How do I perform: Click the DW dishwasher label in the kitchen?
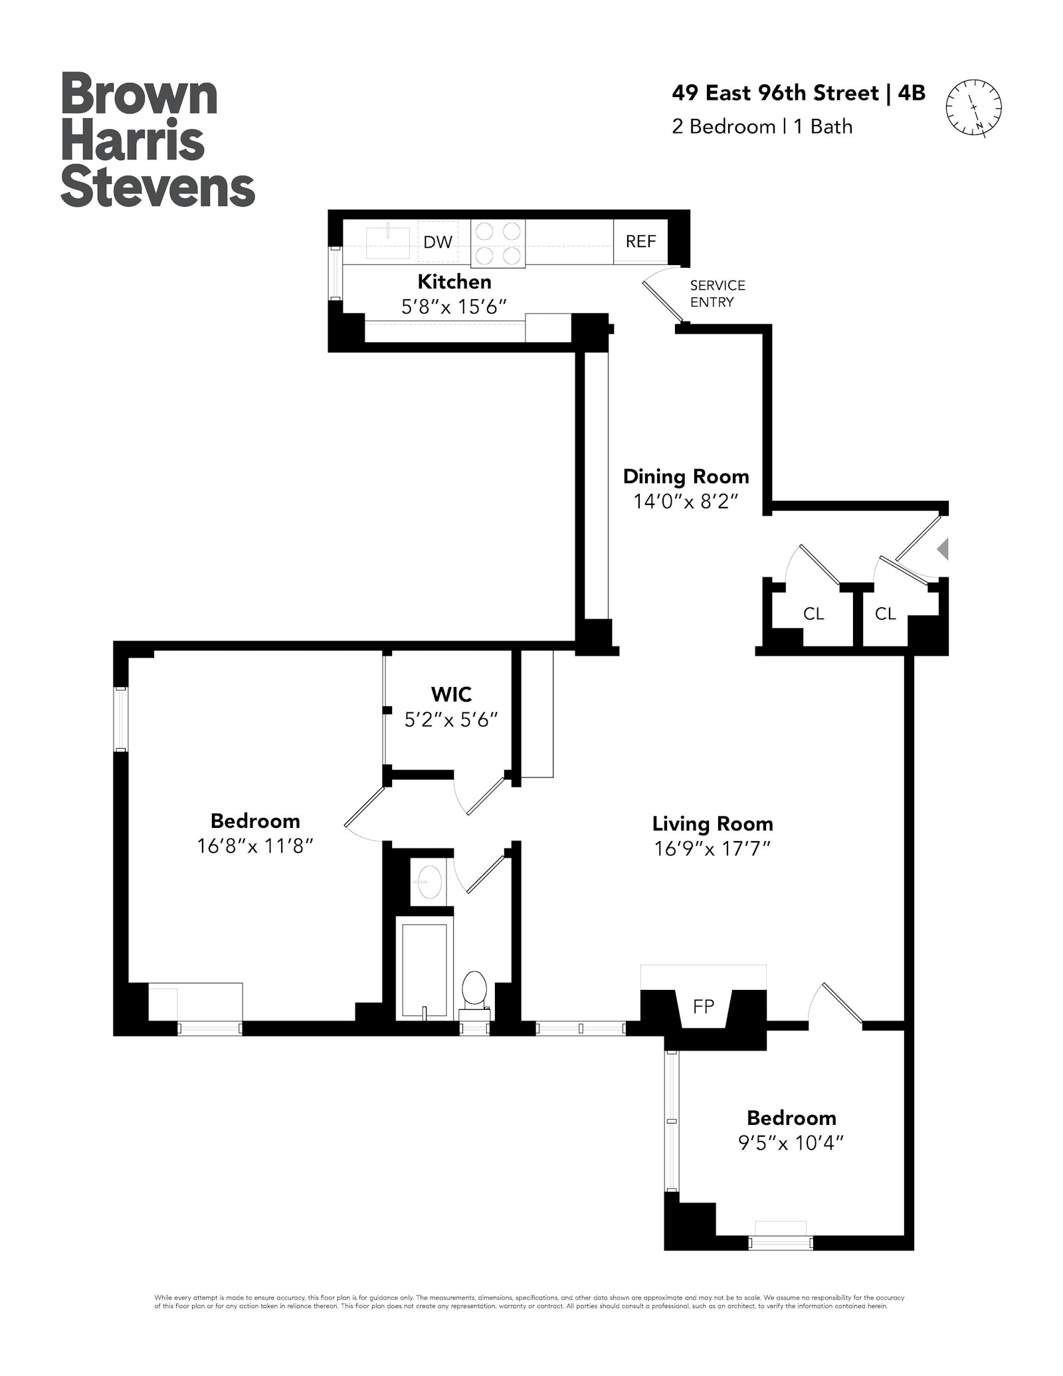438,242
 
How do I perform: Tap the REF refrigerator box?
640,241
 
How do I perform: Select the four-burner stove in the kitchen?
498,243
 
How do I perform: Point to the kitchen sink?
388,241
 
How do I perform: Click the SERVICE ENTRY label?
717,294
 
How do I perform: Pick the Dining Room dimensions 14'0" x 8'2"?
686,501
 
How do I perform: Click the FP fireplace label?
703,1007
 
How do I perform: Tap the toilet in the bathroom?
474,990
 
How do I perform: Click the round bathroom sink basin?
429,882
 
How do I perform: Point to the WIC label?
451,694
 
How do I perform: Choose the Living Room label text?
712,824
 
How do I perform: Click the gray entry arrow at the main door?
943,549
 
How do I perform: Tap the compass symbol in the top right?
973,108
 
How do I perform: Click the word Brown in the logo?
140,95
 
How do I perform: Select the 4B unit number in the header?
912,93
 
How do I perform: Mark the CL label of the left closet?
813,614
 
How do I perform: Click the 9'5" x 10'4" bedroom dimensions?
791,1143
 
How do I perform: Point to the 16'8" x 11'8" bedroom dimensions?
255,846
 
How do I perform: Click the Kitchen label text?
454,282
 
